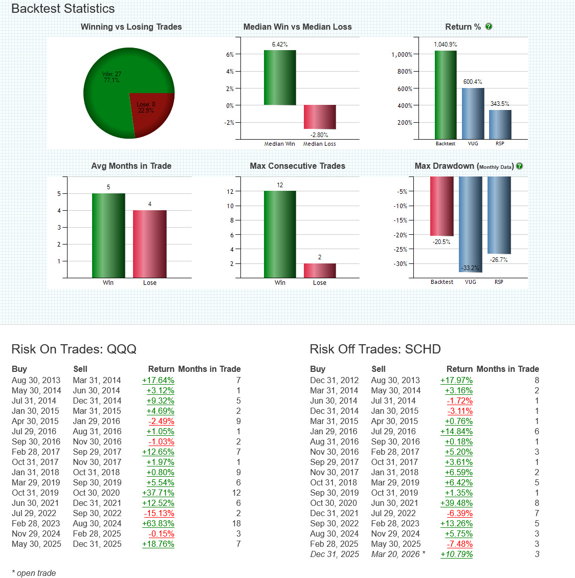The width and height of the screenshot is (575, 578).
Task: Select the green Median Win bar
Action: (x=280, y=77)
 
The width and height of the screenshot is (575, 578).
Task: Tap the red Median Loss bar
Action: (x=320, y=117)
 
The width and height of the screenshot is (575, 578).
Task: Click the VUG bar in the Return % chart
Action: (x=473, y=113)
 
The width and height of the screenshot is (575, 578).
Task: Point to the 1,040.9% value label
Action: (x=445, y=45)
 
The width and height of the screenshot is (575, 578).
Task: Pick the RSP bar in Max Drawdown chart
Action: (x=499, y=215)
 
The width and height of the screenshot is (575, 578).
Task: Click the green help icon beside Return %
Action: (x=489, y=27)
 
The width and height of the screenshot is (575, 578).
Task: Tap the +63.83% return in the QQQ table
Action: (x=158, y=523)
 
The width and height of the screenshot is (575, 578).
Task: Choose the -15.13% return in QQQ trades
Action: (x=159, y=513)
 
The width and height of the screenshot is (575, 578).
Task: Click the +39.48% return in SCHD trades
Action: (x=456, y=503)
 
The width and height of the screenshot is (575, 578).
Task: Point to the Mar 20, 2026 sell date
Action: (x=395, y=554)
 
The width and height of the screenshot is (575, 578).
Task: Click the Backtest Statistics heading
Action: (x=63, y=9)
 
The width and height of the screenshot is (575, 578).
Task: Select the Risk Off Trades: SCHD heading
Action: (x=375, y=349)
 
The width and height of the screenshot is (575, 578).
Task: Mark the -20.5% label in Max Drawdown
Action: (x=441, y=242)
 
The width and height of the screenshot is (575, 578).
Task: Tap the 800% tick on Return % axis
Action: (x=405, y=72)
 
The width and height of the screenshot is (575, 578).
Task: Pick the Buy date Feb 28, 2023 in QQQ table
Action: (x=36, y=523)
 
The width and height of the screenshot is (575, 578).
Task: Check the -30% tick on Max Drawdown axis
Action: (x=401, y=264)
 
